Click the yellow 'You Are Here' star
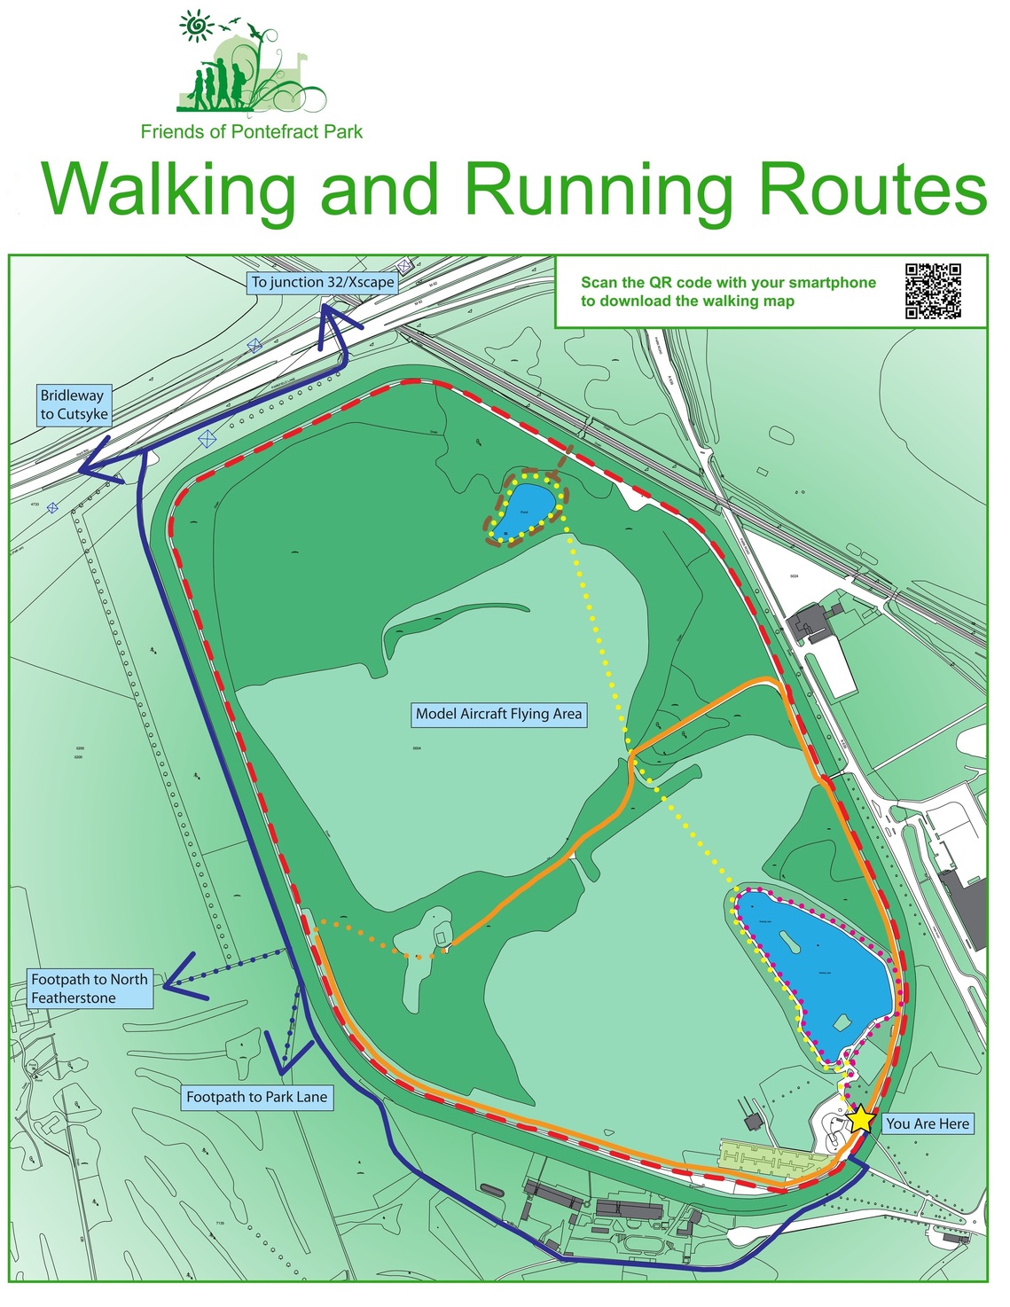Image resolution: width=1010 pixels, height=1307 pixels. (860, 1118)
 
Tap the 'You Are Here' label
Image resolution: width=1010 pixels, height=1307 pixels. (928, 1124)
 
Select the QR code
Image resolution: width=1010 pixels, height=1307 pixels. (933, 290)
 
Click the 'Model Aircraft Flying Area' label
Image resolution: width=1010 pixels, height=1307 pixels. (498, 714)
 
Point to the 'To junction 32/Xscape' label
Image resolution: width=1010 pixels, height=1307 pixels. (323, 282)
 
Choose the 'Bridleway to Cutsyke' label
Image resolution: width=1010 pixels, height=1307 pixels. (74, 405)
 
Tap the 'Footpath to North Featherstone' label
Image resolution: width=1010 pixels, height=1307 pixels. (89, 989)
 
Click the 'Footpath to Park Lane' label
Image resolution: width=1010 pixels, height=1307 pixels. (256, 1098)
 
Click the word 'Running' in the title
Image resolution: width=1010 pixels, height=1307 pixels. (599, 189)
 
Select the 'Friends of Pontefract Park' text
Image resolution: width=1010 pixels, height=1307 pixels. (252, 132)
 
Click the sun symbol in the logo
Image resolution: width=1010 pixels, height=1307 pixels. (195, 26)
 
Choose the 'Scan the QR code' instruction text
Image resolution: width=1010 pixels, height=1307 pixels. (728, 292)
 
